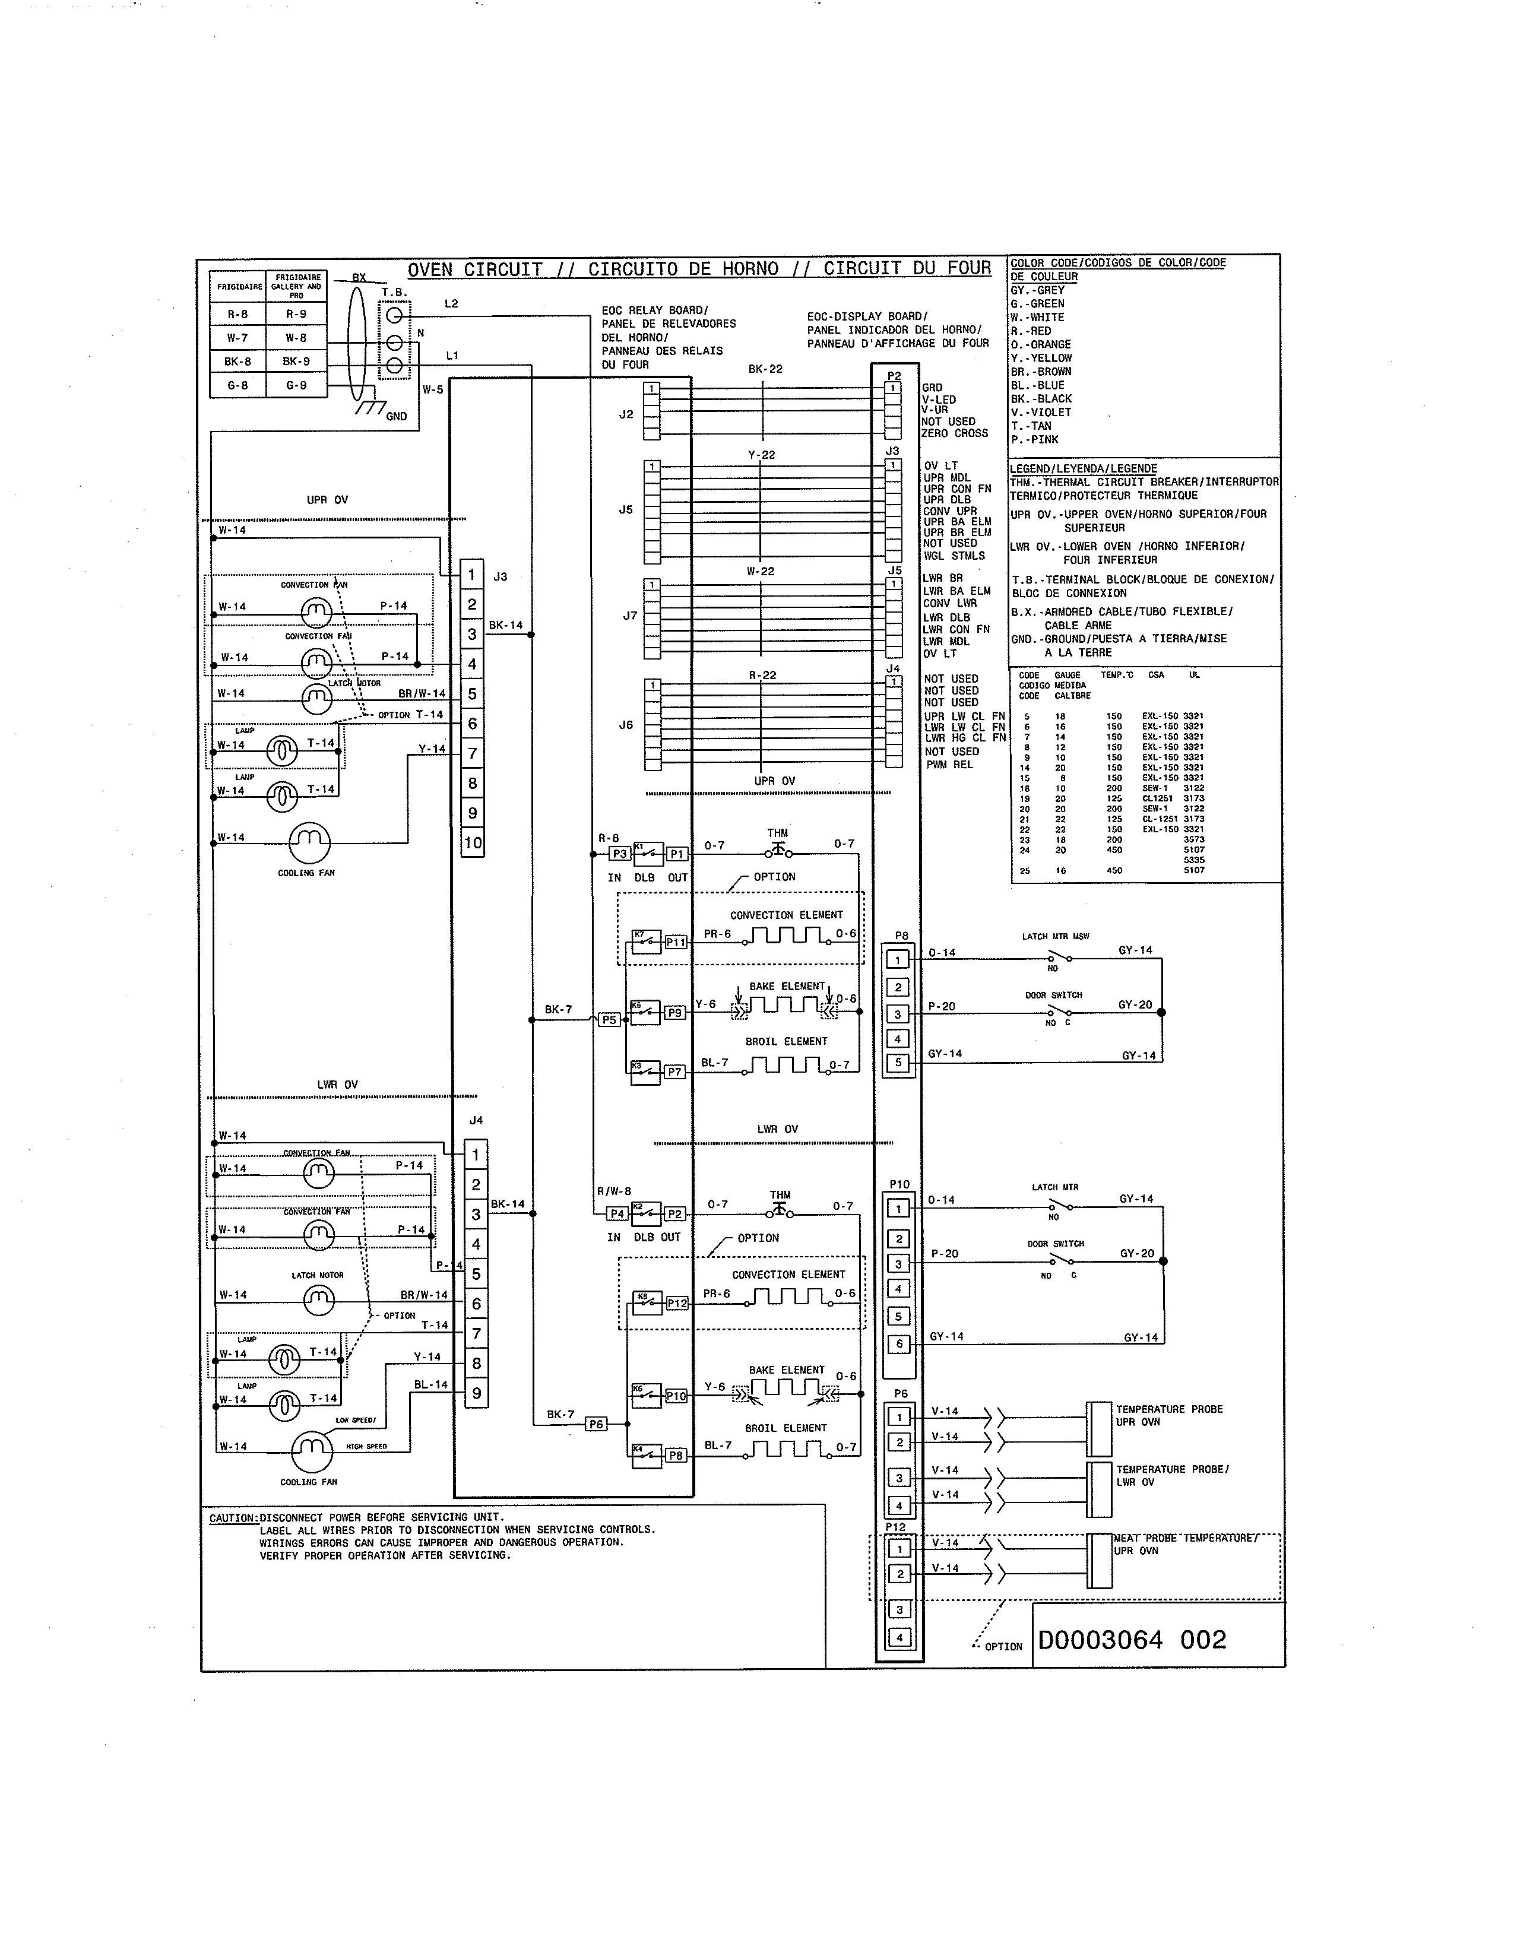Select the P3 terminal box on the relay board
click(619, 854)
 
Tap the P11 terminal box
click(676, 943)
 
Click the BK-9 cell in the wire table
click(296, 362)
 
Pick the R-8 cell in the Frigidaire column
click(237, 315)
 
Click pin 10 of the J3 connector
click(473, 843)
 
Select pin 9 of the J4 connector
click(476, 1393)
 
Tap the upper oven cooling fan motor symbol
click(309, 841)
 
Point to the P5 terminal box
click(610, 1020)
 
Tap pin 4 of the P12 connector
click(899, 1637)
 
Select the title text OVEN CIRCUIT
click(476, 269)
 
